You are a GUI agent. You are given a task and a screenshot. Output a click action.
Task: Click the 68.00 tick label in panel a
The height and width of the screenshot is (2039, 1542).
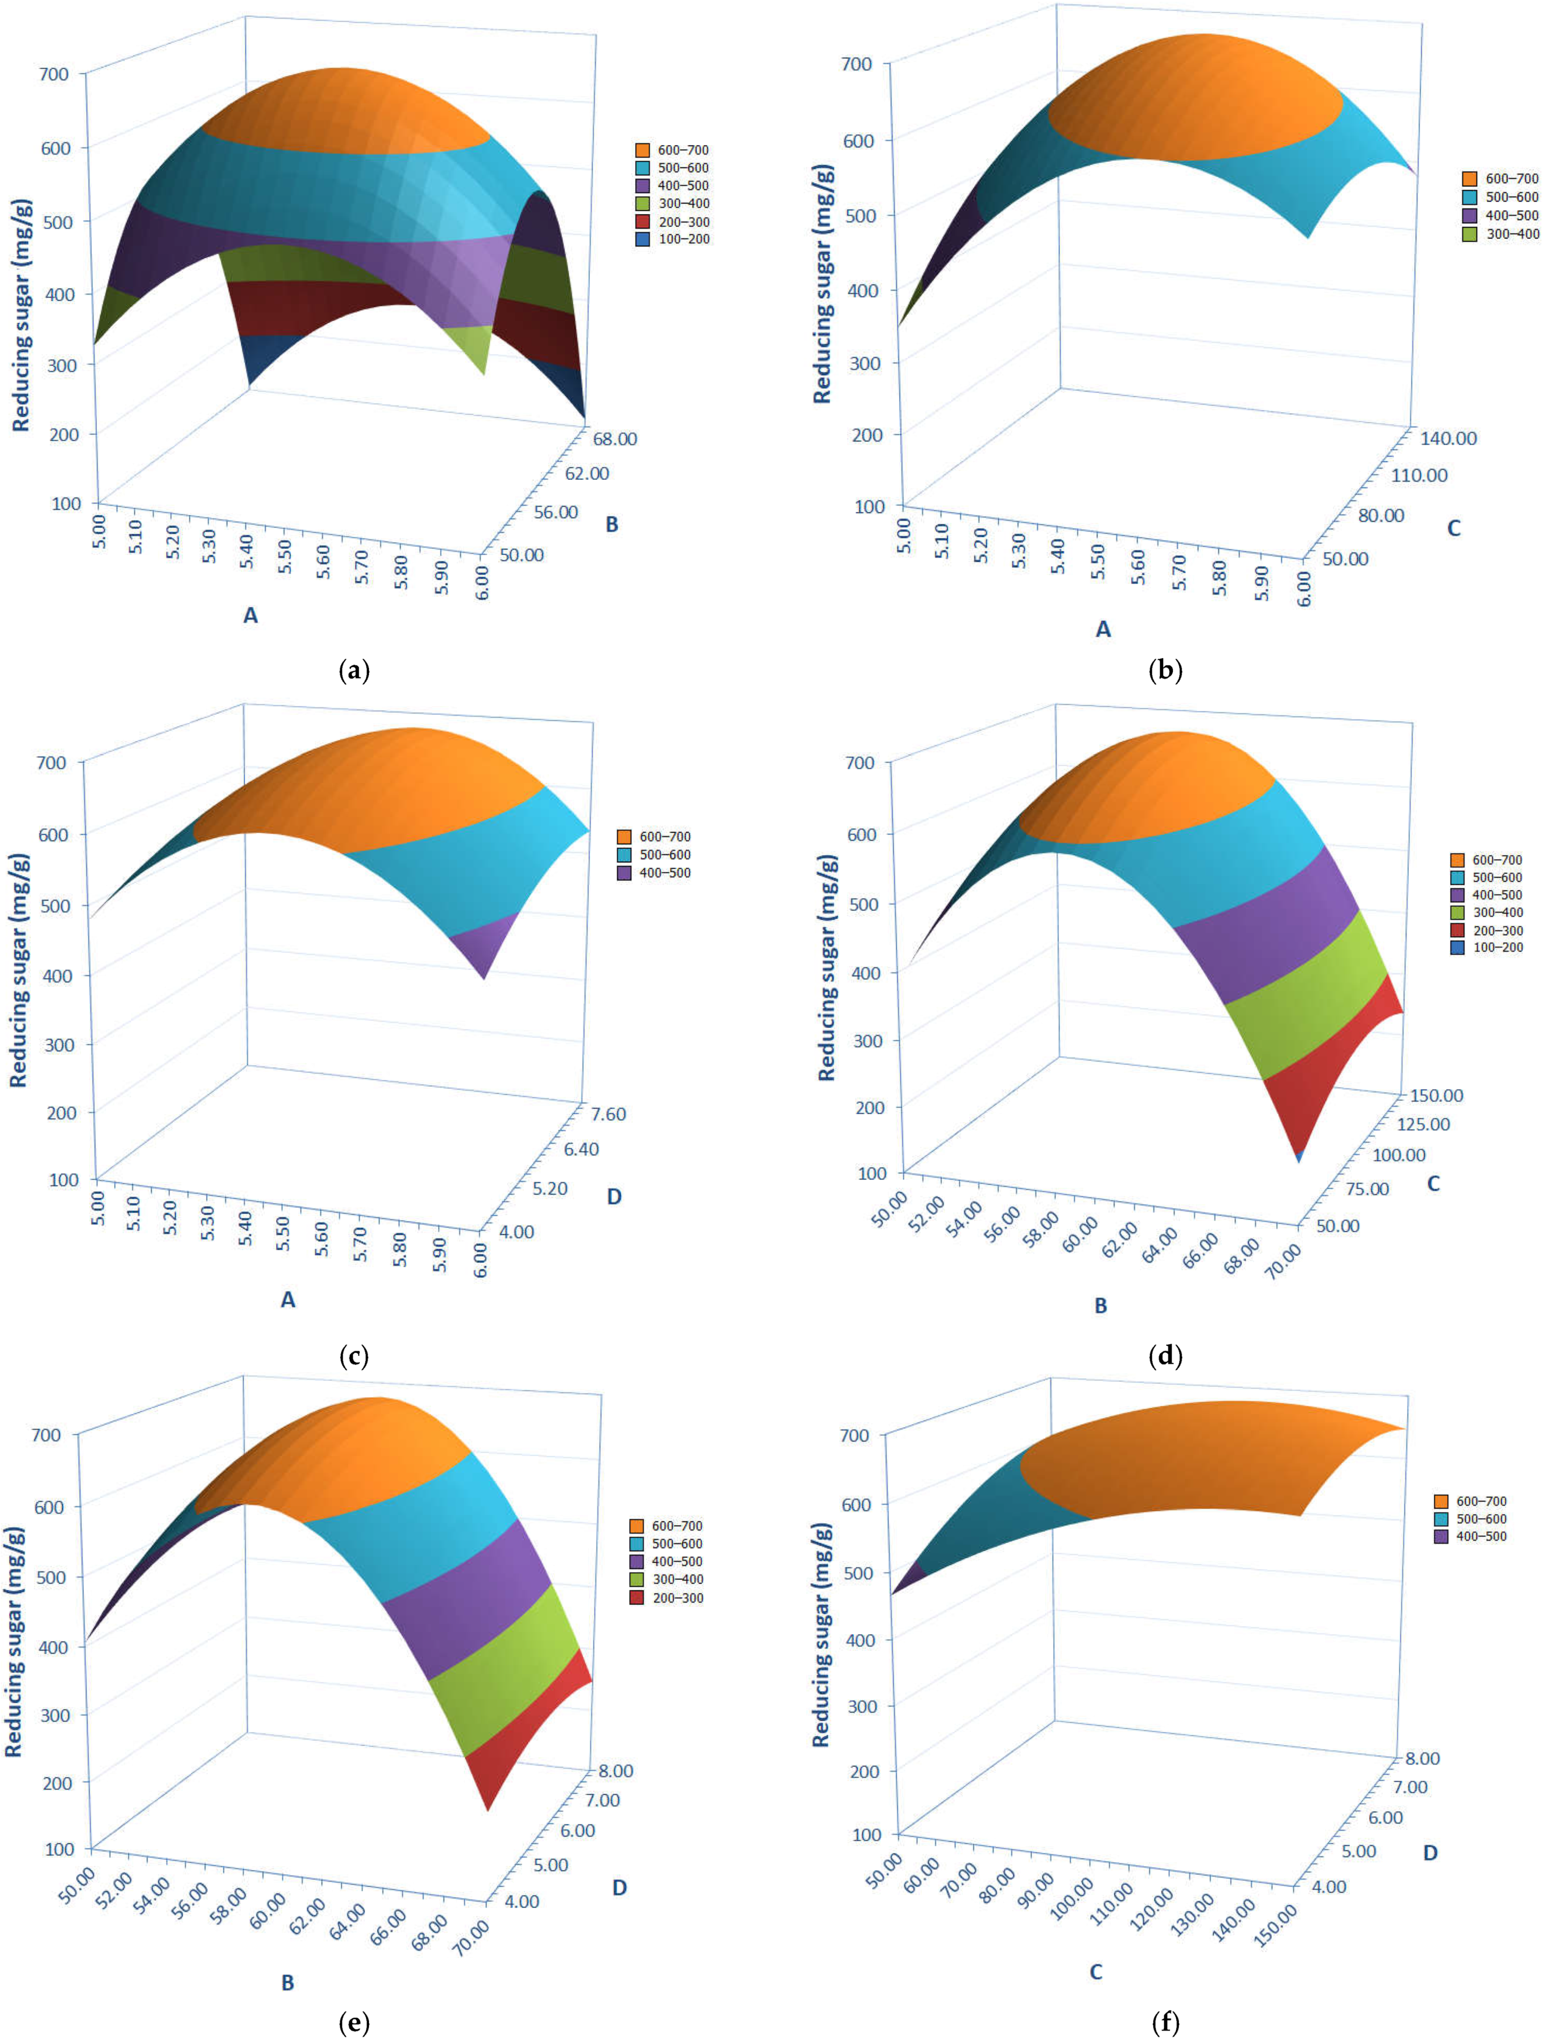[x=614, y=439]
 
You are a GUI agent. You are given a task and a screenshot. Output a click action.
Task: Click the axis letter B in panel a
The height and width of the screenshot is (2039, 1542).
[x=611, y=525]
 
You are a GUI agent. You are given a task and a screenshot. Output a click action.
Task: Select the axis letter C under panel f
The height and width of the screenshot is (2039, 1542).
[x=1096, y=1972]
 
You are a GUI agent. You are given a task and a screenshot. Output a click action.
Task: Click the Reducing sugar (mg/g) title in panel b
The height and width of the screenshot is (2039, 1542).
[x=822, y=284]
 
